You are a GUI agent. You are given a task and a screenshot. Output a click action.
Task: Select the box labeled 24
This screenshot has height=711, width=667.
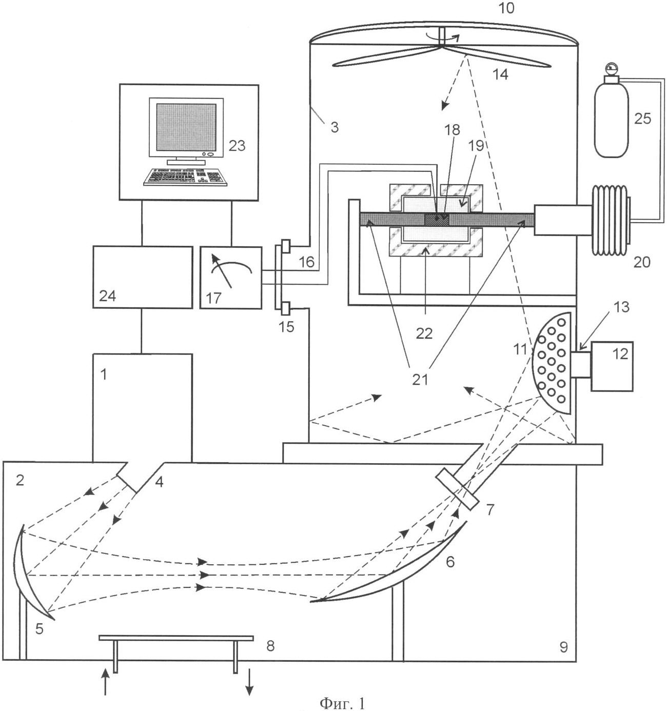[143, 277]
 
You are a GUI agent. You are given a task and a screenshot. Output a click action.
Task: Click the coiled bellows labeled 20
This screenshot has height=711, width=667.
[610, 220]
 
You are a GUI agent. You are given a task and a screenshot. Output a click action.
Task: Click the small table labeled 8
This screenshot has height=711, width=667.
[175, 638]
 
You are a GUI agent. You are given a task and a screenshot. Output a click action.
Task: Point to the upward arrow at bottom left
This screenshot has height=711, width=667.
[106, 682]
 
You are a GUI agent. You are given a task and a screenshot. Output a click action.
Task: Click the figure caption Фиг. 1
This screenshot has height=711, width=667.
[343, 702]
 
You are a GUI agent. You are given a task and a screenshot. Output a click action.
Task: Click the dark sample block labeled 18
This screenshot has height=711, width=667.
[437, 220]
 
